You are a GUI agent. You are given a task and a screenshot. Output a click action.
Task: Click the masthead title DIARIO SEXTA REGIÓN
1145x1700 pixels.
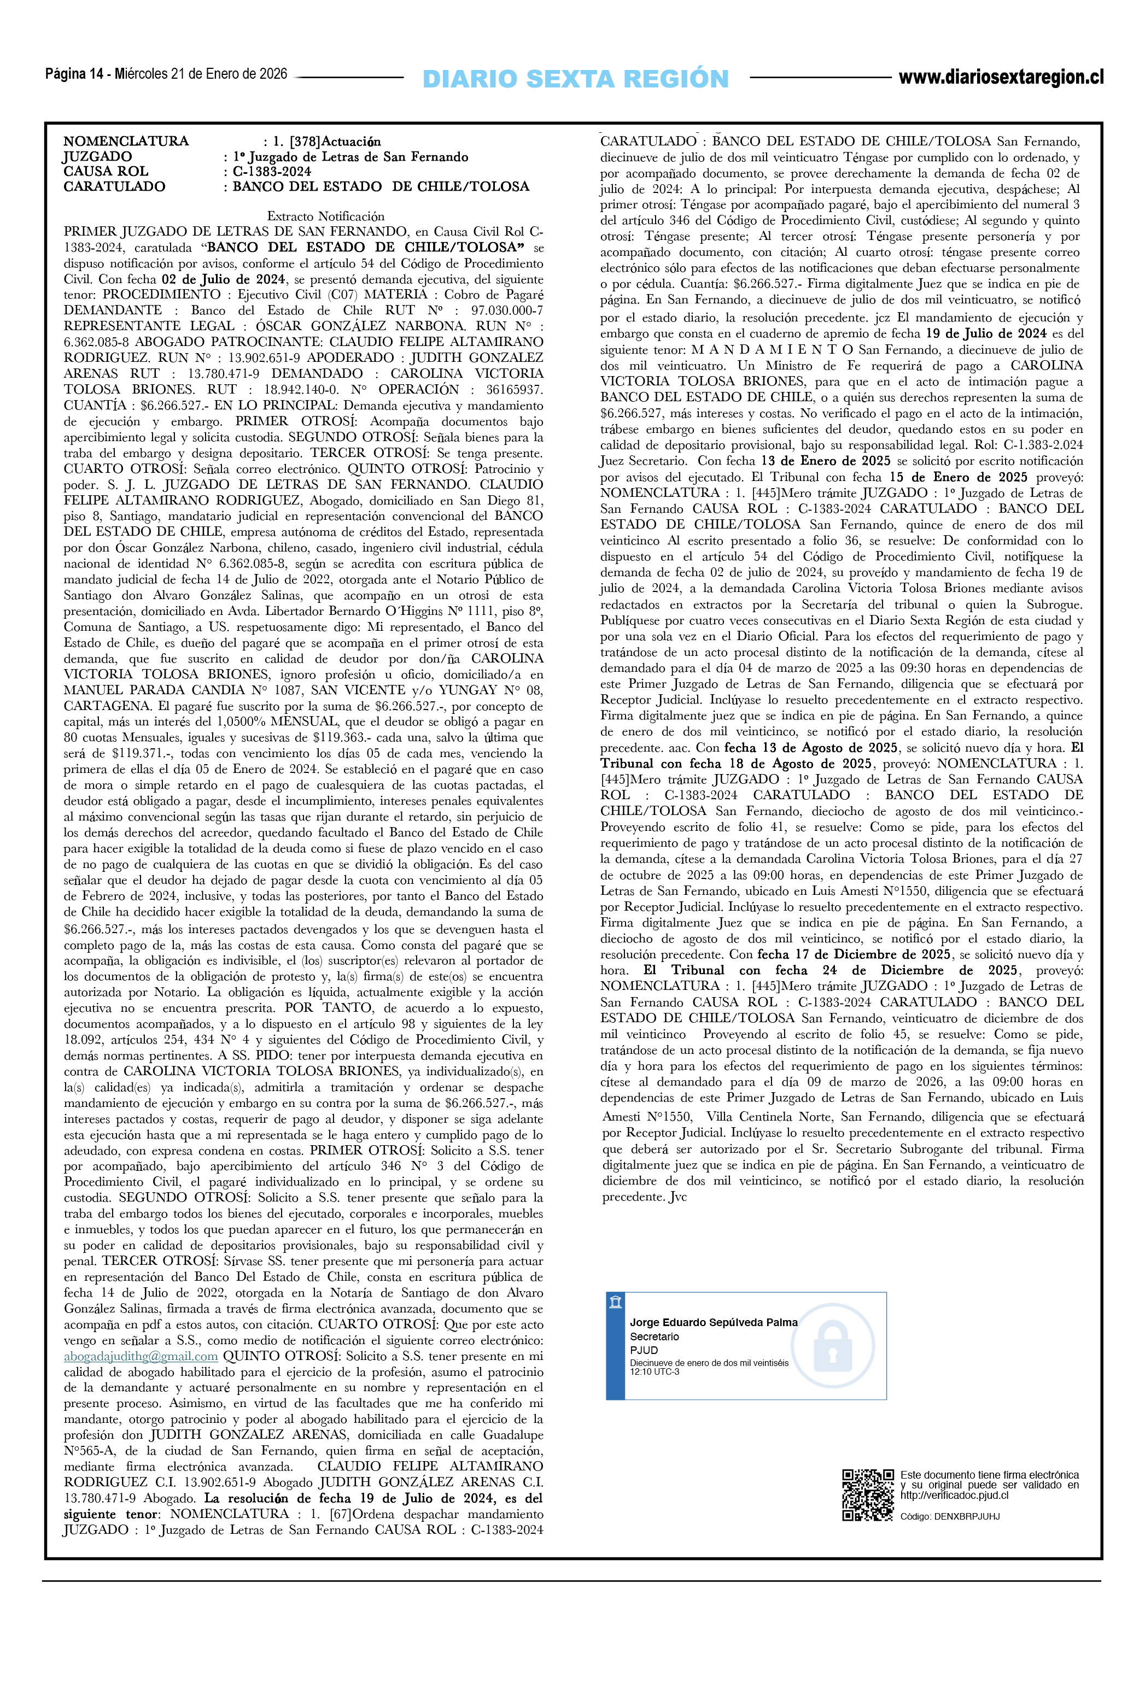click(x=575, y=79)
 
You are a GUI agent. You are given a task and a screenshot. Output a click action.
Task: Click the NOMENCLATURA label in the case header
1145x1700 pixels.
click(x=126, y=141)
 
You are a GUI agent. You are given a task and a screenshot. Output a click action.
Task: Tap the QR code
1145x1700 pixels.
click(x=868, y=1495)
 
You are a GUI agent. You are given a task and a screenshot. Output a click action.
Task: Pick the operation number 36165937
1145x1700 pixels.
click(x=514, y=389)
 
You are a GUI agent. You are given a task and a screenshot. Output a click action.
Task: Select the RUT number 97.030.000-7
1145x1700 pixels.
click(x=506, y=310)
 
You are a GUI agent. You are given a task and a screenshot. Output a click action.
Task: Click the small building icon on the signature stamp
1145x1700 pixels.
click(x=616, y=1302)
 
